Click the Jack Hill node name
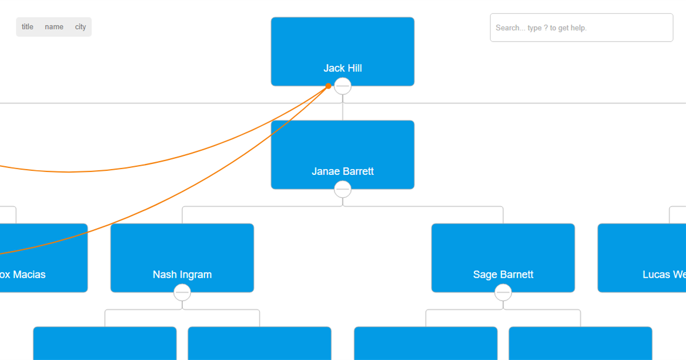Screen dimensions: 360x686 [342, 68]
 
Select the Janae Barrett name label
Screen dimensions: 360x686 [342, 171]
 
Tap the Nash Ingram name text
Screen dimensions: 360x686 [182, 274]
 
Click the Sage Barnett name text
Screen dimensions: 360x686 [503, 274]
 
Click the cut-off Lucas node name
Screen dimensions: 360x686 [663, 274]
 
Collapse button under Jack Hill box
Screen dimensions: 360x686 [342, 86]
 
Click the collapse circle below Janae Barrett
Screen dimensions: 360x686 [342, 189]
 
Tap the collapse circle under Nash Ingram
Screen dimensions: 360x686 [182, 293]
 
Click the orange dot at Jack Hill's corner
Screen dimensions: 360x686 [329, 86]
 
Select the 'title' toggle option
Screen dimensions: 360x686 [27, 27]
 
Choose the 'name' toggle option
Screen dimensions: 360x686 [54, 27]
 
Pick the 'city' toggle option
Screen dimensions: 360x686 [81, 27]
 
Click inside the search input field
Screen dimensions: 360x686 [581, 27]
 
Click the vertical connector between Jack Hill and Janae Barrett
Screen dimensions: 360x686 [342, 111]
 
